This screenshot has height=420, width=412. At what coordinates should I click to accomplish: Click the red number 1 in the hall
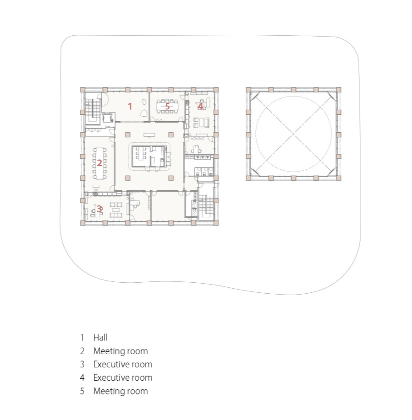[x=130, y=106]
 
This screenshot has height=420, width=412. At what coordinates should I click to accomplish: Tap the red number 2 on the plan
[x=99, y=162]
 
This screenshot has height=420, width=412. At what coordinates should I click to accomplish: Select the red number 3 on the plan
[x=99, y=209]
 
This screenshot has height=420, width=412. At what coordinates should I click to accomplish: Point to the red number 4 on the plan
[x=200, y=106]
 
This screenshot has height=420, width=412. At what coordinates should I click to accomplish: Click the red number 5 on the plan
[x=167, y=106]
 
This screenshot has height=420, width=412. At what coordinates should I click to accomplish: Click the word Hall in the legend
[x=100, y=338]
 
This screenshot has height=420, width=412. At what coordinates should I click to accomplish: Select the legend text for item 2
[x=121, y=351]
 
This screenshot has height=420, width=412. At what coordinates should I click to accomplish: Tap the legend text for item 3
[x=123, y=364]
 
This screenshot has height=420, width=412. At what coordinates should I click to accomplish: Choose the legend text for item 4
[x=123, y=377]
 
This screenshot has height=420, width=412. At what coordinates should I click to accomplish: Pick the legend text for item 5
[x=121, y=391]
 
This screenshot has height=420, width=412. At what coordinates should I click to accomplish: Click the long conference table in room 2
[x=99, y=163]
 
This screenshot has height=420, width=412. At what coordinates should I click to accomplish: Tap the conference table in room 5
[x=167, y=106]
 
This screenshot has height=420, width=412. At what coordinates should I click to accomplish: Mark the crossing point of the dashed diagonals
[x=293, y=134]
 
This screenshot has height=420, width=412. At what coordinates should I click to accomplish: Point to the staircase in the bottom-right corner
[x=206, y=206]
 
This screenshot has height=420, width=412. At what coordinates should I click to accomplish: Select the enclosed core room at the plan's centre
[x=149, y=156]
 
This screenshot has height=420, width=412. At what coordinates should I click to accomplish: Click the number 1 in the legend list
[x=82, y=338]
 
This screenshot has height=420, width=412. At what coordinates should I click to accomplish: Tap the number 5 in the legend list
[x=82, y=391]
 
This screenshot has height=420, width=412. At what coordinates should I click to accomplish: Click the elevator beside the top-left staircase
[x=108, y=118]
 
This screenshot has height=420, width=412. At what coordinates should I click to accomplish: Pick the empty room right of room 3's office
[x=168, y=206]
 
